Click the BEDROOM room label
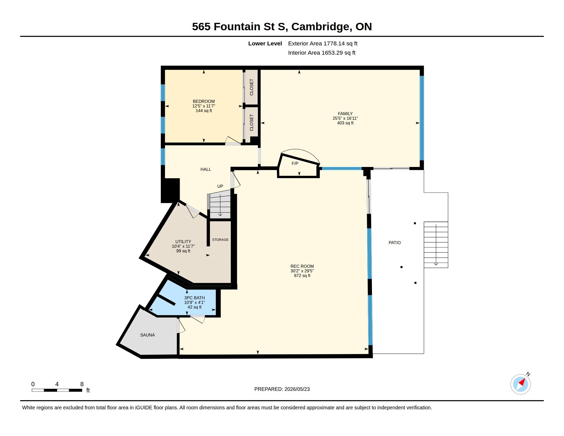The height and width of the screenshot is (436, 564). [x=204, y=101]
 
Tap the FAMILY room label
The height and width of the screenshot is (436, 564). [x=345, y=113]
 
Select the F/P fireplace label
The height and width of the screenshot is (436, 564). [x=295, y=163]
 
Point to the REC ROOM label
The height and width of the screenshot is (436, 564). [x=302, y=266]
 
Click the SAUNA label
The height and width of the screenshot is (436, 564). [x=147, y=335]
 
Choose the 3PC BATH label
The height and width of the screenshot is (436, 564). [x=195, y=298]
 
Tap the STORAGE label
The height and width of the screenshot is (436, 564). [x=220, y=240]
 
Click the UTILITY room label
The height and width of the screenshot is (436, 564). [x=183, y=242]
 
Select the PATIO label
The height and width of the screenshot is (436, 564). [x=395, y=243]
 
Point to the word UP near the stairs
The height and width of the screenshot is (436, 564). [x=220, y=186]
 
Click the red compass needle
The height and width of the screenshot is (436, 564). [x=522, y=382]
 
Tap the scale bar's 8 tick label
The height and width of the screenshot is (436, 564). [x=82, y=384]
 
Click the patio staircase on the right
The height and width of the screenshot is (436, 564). [x=436, y=245]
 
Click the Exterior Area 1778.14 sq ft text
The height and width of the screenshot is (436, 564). [x=323, y=43]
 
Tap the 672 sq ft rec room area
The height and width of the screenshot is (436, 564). [x=302, y=275]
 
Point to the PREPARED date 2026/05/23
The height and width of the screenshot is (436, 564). [x=282, y=389]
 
